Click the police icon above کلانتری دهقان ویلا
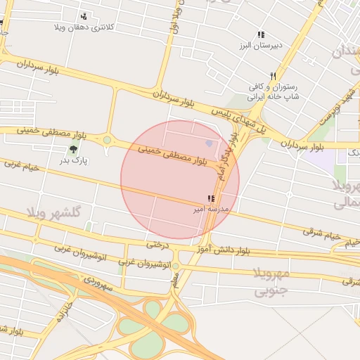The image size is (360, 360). (84, 16)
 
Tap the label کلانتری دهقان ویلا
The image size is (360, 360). (84, 27)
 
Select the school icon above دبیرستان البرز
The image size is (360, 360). (261, 34)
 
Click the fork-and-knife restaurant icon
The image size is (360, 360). (273, 76)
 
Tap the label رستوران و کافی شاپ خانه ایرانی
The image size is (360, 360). (274, 92)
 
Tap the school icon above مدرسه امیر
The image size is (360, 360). (211, 198)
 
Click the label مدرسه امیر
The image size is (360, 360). (210, 209)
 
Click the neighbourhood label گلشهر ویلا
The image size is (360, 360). (54, 212)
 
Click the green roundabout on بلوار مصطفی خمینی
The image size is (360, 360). (107, 140)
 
